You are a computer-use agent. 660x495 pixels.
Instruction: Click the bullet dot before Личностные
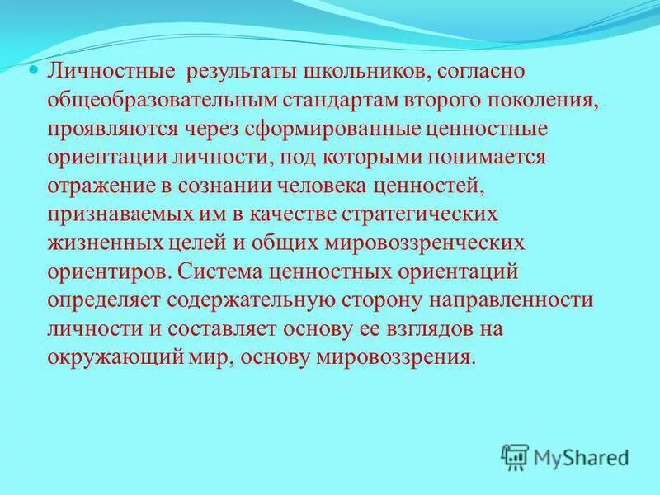point(34,72)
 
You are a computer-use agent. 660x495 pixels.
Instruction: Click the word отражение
point(95,186)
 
